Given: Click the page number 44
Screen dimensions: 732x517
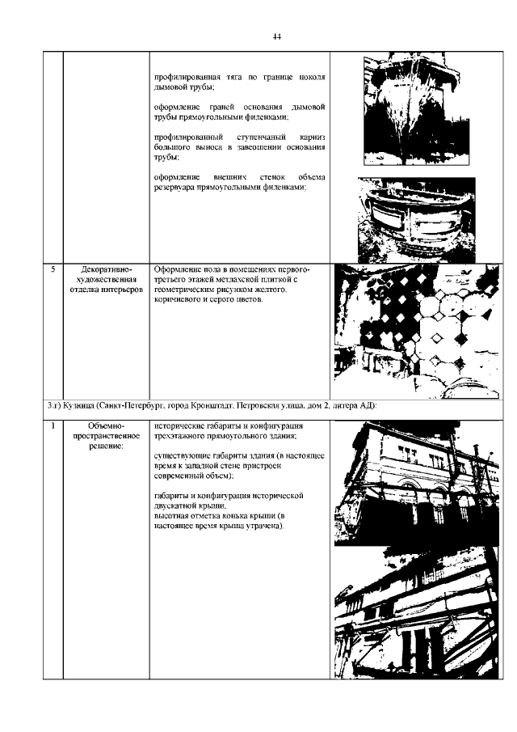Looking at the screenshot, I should (x=276, y=36).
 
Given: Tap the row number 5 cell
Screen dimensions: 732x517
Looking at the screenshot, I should (x=52, y=269).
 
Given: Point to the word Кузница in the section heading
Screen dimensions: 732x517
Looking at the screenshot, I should (x=78, y=404).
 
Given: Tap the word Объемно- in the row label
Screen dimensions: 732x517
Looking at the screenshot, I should (x=106, y=425).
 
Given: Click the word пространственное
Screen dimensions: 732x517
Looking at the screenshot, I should (x=106, y=436).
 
